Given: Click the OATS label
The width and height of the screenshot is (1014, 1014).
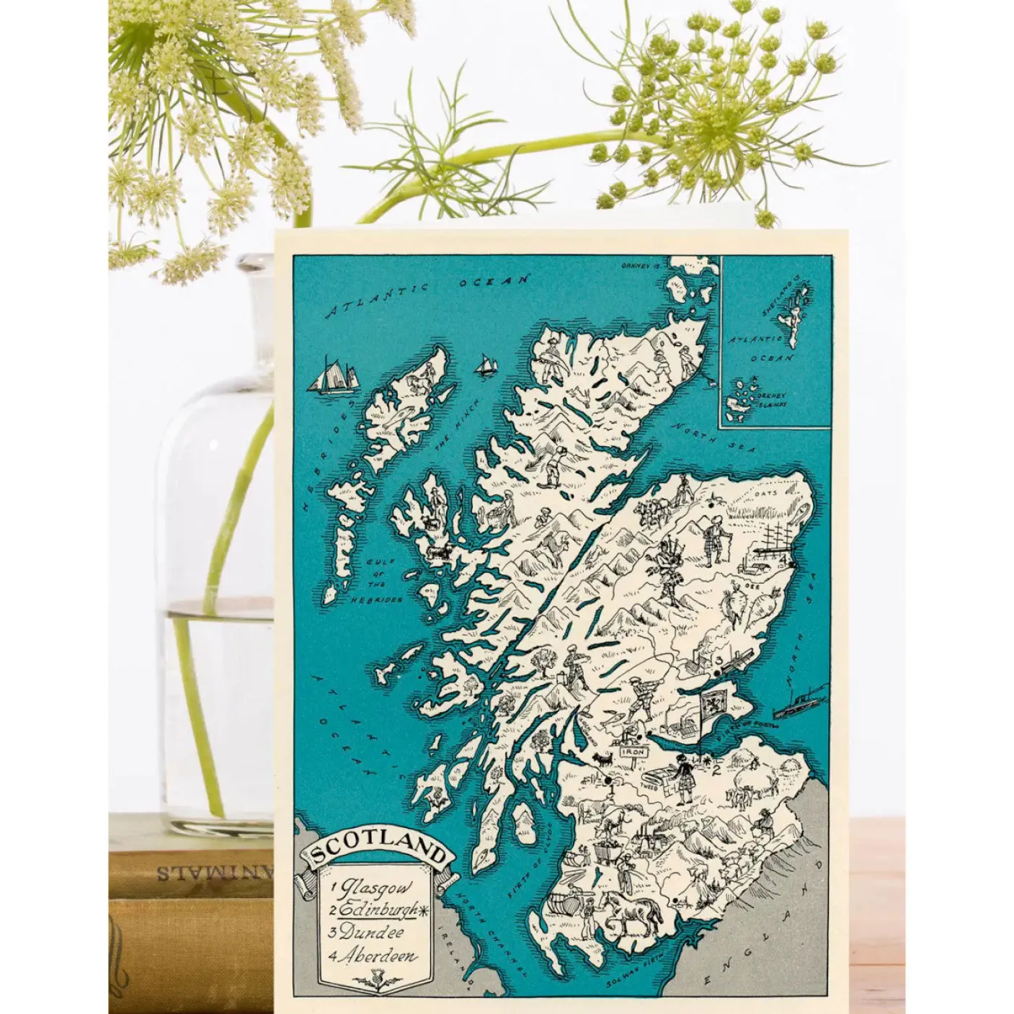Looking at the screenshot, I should [763, 493].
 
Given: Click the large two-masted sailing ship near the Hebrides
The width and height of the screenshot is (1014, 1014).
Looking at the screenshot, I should [334, 374].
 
